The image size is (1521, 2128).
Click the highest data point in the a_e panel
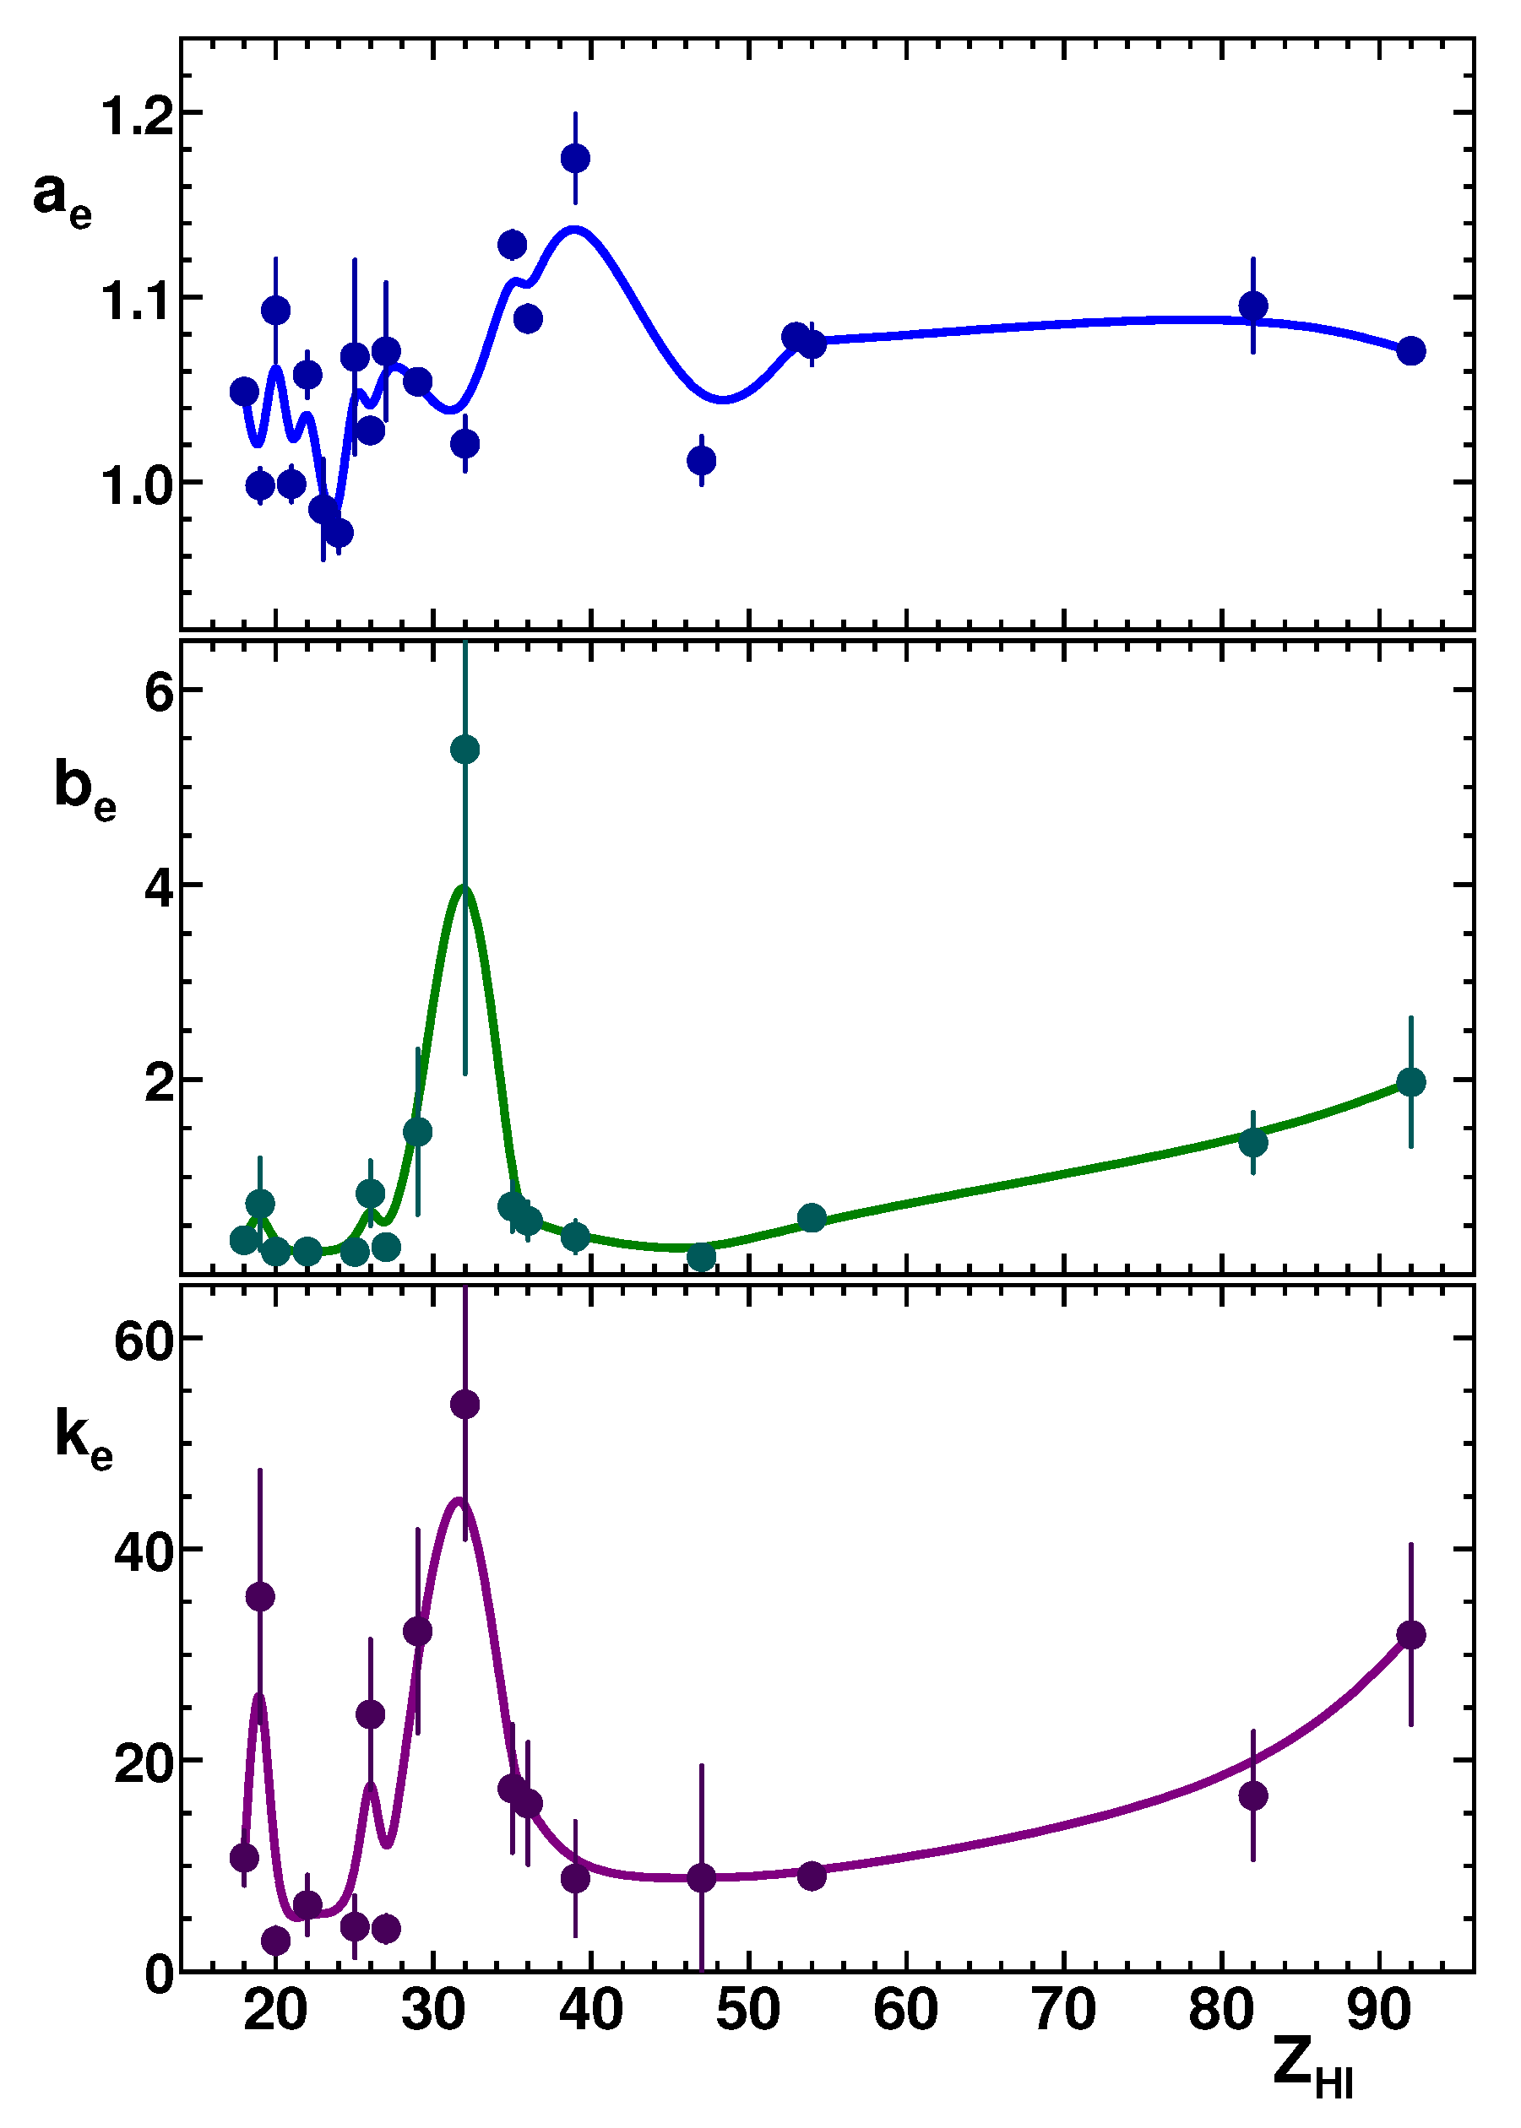[575, 158]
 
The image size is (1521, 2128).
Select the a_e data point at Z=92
[1410, 351]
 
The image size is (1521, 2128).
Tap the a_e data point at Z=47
[702, 461]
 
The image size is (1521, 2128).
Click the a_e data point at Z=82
[1253, 306]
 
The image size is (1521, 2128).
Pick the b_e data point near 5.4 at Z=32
[464, 749]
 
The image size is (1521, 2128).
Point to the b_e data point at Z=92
[1410, 1082]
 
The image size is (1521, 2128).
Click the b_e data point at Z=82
[1253, 1143]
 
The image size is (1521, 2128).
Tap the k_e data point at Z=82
[1253, 1796]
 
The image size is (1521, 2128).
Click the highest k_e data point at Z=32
[464, 1405]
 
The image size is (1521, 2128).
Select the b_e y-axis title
[84, 790]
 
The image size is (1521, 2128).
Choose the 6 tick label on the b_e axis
[160, 694]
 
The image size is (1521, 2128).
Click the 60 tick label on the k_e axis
[145, 1341]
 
